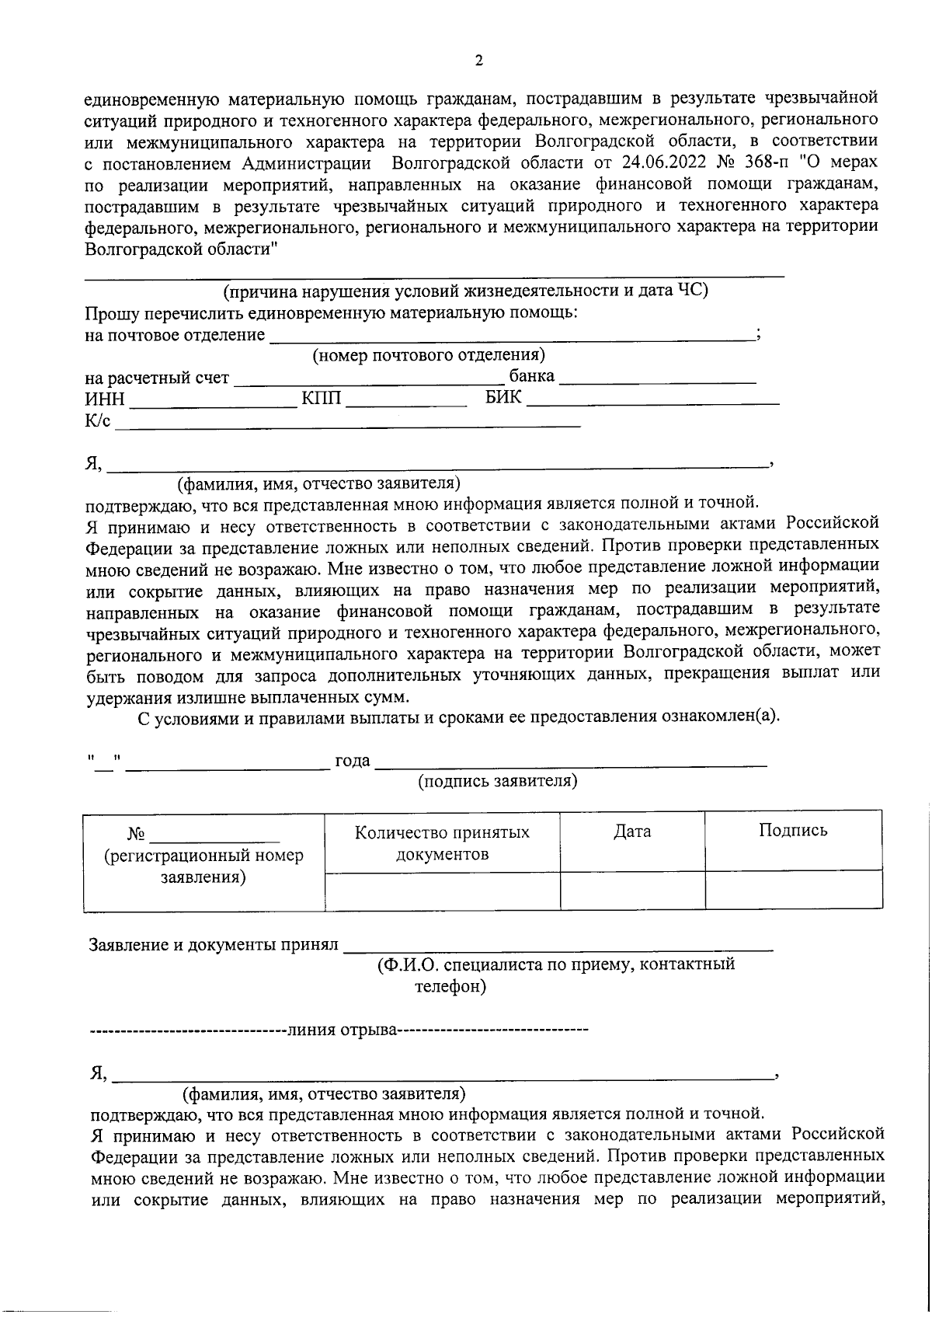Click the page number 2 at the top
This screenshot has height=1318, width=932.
(478, 61)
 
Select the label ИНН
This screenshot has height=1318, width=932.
(104, 400)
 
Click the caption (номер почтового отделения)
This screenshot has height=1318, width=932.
(429, 356)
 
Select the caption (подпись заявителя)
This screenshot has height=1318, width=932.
(498, 781)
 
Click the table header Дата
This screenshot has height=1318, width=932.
(632, 832)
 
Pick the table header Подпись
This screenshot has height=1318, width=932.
(793, 830)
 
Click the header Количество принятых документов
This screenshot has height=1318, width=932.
(442, 843)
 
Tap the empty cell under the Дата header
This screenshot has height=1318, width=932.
(632, 890)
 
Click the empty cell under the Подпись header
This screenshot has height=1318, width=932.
(793, 890)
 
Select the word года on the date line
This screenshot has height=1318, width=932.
(352, 761)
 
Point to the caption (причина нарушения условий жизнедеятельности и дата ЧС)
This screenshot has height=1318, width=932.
(465, 291)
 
